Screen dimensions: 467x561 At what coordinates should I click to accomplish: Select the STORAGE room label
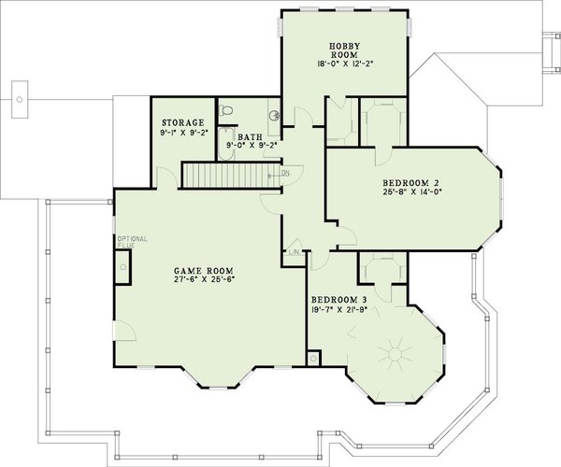point(182,121)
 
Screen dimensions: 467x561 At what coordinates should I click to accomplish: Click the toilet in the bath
point(227,109)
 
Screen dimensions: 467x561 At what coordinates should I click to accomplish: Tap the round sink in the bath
point(274,116)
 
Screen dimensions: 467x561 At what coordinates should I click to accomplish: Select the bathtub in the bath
point(224,149)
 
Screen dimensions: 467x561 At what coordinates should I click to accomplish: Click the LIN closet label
point(294,252)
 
